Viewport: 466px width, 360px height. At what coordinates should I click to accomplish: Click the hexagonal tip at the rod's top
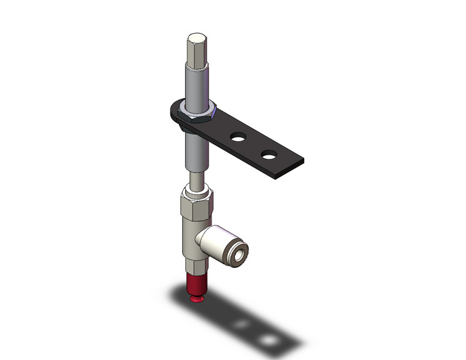pyautogui.click(x=196, y=51)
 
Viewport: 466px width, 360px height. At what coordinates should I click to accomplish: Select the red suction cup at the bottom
pyautogui.click(x=194, y=288)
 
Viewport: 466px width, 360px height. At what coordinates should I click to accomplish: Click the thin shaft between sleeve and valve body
pyautogui.click(x=196, y=180)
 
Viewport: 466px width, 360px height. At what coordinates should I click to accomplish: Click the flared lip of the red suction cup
pyautogui.click(x=194, y=299)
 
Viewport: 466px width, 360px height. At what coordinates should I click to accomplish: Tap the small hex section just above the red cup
pyautogui.click(x=194, y=270)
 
